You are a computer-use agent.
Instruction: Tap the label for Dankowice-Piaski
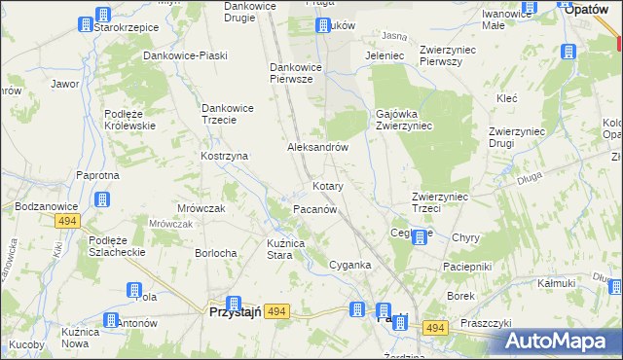click(179, 56)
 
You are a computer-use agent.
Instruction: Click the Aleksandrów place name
click(317, 147)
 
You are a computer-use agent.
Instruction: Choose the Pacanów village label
click(314, 209)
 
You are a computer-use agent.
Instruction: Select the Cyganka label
click(349, 265)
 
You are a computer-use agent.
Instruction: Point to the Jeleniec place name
click(384, 56)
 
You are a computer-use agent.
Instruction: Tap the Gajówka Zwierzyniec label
click(404, 120)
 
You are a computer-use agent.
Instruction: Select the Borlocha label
click(216, 253)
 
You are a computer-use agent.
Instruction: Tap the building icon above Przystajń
click(234, 304)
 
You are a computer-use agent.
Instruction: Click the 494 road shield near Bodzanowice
click(66, 221)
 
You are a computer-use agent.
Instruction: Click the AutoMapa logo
click(559, 341)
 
